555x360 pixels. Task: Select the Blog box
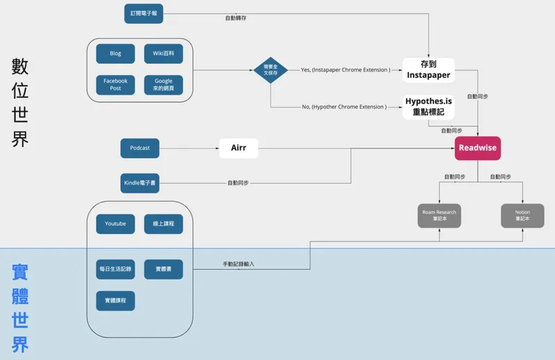tap(115, 53)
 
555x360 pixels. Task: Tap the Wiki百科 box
tap(164, 53)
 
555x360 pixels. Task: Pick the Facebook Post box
tap(115, 85)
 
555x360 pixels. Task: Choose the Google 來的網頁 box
tap(164, 85)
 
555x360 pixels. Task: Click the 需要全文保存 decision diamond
tap(271, 71)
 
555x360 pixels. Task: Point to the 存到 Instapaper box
tap(428, 70)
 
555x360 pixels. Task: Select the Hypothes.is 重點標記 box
tap(428, 106)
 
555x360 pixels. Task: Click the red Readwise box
tap(477, 148)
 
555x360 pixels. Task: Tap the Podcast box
tap(139, 148)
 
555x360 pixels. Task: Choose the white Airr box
tap(239, 148)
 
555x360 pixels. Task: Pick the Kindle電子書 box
tap(139, 183)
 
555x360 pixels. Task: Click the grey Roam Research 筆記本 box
tap(439, 215)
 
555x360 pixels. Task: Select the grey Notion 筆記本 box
tap(522, 215)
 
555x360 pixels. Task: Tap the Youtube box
tap(115, 223)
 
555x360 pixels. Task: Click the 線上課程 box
tap(164, 223)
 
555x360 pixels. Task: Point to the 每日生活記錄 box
tap(115, 269)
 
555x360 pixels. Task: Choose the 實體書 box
tap(164, 269)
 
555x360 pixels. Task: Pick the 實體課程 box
tap(115, 300)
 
